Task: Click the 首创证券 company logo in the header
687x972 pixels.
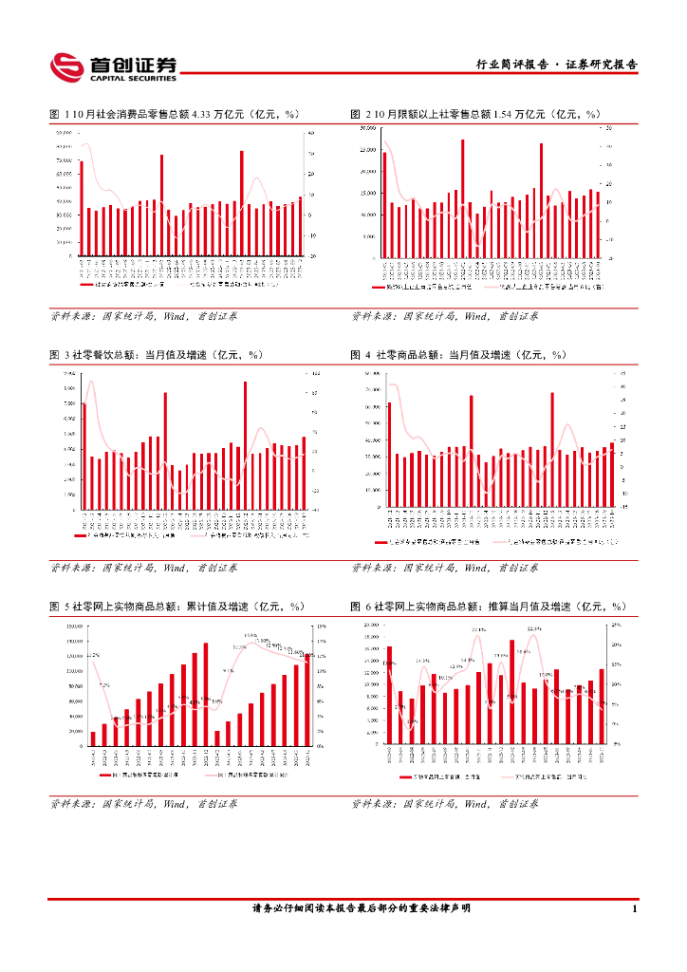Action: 114,65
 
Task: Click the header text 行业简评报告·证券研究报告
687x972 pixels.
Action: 556,65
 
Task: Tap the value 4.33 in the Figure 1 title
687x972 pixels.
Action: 201,114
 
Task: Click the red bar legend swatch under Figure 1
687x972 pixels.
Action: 87,284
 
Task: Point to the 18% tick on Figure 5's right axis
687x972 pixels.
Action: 321,626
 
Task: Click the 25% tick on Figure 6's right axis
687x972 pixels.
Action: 617,625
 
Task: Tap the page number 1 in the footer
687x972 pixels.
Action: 634,908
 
